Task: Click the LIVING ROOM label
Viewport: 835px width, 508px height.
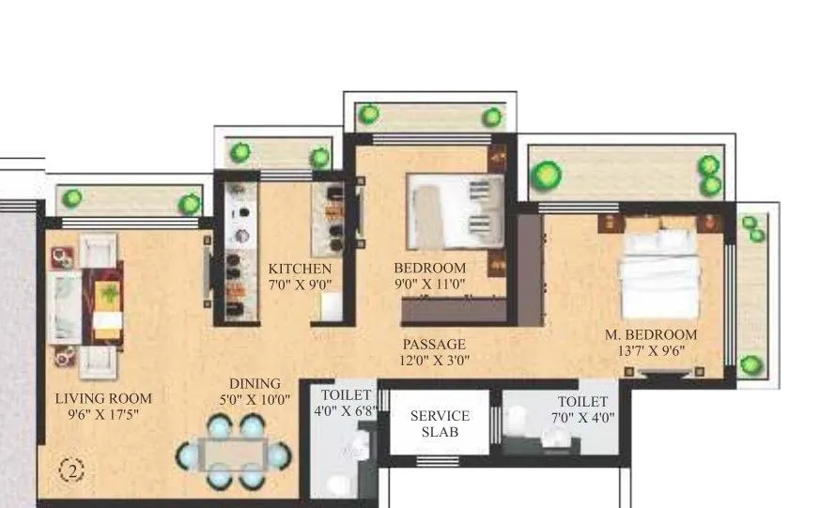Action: [x=103, y=398]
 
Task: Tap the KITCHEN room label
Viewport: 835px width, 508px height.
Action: [x=300, y=268]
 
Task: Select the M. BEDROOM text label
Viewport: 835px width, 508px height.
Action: [x=651, y=335]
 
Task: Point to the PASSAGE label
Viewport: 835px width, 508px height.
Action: [x=434, y=345]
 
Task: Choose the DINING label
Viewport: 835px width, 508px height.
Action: [x=255, y=383]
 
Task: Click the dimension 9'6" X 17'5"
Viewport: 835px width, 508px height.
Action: [x=103, y=414]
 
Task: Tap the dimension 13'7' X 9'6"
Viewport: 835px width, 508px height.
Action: [x=651, y=351]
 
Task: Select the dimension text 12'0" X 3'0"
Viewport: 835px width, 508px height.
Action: [x=434, y=360]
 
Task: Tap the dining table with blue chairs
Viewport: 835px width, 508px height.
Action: [x=235, y=454]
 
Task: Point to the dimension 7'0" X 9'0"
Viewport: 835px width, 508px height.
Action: [x=300, y=283]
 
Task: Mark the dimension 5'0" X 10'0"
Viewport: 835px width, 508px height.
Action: [x=255, y=399]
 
